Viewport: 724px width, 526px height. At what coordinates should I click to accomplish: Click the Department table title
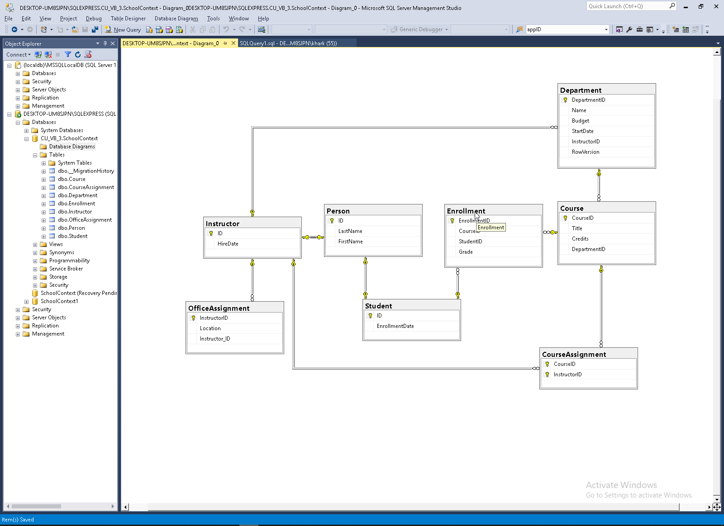[x=581, y=90]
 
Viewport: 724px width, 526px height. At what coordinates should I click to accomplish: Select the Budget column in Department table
[x=580, y=121]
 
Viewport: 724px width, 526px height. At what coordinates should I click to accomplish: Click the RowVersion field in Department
[x=585, y=152]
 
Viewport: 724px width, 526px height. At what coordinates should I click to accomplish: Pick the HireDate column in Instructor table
[x=228, y=244]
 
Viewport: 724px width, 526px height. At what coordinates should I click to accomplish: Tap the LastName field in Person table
[x=350, y=231]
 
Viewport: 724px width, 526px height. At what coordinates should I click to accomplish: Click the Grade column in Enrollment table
[x=465, y=252]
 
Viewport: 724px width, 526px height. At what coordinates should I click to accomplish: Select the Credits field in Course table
[x=580, y=239]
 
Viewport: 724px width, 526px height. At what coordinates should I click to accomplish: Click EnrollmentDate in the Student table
[x=395, y=326]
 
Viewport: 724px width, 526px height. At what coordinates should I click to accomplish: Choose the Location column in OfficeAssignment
[x=210, y=328]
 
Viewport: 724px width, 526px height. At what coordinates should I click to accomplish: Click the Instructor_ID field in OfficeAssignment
[x=214, y=339]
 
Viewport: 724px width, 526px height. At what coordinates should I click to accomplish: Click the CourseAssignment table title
[x=574, y=355]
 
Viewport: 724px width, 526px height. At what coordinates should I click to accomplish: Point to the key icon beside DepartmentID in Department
[x=565, y=100]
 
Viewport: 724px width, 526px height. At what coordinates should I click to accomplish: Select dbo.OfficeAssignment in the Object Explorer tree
[x=85, y=220]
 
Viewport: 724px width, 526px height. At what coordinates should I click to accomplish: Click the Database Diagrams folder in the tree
[x=71, y=147]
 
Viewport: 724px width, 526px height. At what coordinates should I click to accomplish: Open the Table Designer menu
[x=128, y=19]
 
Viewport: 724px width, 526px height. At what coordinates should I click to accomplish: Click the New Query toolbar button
[x=123, y=30]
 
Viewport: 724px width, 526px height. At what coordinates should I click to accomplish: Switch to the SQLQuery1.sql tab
[x=288, y=43]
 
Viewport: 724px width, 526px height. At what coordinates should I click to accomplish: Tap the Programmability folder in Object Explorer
[x=69, y=261]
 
